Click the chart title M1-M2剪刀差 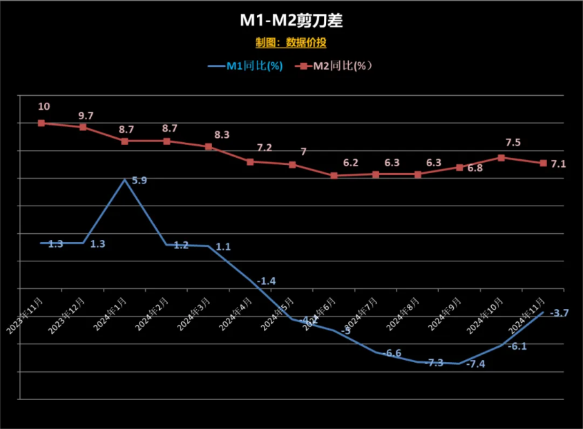click(x=291, y=21)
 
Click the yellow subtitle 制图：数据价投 click(x=291, y=43)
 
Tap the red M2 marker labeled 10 click(x=41, y=123)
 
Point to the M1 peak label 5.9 click(x=139, y=181)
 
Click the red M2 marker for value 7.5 click(x=501, y=158)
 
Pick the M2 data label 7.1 click(x=558, y=164)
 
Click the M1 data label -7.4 click(x=476, y=364)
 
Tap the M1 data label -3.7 click(x=559, y=313)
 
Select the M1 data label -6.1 click(x=517, y=346)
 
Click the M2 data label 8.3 click(x=222, y=135)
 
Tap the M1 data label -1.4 click(x=266, y=281)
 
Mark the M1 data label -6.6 click(x=392, y=353)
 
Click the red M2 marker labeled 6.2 click(x=334, y=176)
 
